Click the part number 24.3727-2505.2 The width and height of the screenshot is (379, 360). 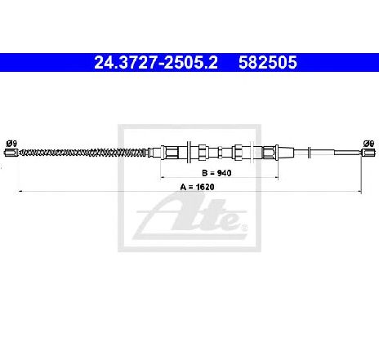(x=156, y=63)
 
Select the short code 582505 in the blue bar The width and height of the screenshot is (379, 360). (x=268, y=63)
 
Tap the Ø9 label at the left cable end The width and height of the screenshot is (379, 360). (x=11, y=143)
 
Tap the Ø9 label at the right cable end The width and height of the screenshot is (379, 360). (x=368, y=143)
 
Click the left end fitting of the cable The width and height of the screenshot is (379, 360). (x=11, y=153)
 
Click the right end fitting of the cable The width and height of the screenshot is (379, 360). (x=368, y=153)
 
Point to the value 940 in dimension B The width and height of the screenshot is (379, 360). (x=225, y=173)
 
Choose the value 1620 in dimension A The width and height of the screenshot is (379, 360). (x=205, y=187)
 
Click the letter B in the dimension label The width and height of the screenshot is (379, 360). (x=204, y=173)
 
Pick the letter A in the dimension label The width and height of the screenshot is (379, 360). (x=183, y=187)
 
